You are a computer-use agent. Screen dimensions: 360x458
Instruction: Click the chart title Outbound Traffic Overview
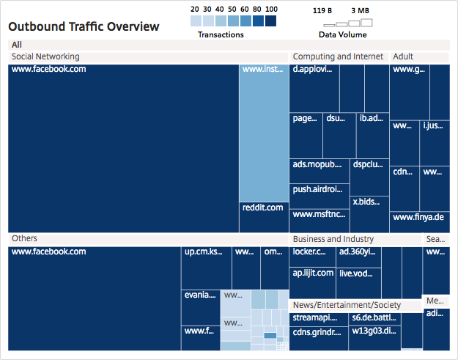tap(84, 27)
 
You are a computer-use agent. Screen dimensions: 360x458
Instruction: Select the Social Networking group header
tap(45, 56)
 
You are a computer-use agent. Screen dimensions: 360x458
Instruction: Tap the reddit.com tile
tap(263, 217)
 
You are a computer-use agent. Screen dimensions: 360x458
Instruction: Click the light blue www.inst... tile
tap(263, 132)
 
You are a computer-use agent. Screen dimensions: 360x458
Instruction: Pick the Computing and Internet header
tap(338, 56)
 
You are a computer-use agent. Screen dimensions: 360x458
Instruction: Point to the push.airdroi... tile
tap(320, 195)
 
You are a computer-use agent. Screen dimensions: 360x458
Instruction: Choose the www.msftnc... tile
tap(320, 220)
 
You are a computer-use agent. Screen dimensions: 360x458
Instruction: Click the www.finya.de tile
tap(419, 221)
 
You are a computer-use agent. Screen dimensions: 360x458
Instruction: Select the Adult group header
tap(403, 56)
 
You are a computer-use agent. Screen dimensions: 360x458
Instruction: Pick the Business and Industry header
tap(333, 239)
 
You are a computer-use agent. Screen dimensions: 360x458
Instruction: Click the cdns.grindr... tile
tap(318, 337)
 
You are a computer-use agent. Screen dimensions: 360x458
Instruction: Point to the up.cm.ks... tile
tap(206, 268)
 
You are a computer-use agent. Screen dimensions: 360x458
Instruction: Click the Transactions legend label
tap(221, 34)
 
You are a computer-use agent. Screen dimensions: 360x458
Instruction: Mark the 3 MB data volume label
tap(360, 11)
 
